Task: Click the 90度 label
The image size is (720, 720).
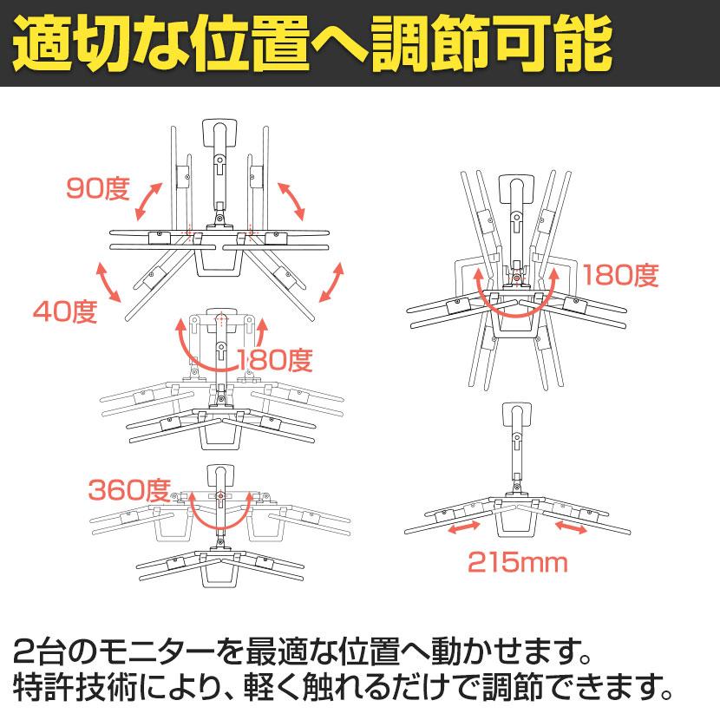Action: coord(99,187)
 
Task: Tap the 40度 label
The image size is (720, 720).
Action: coord(66,310)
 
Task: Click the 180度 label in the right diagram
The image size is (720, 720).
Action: coord(621,276)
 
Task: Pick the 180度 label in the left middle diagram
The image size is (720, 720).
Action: coord(273,358)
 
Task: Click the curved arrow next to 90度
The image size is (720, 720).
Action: coord(147,201)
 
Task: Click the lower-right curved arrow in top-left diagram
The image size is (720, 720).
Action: coord(331,283)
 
